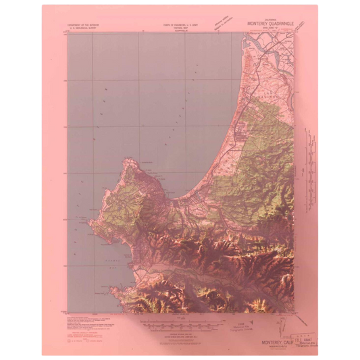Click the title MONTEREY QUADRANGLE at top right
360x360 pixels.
270,23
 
